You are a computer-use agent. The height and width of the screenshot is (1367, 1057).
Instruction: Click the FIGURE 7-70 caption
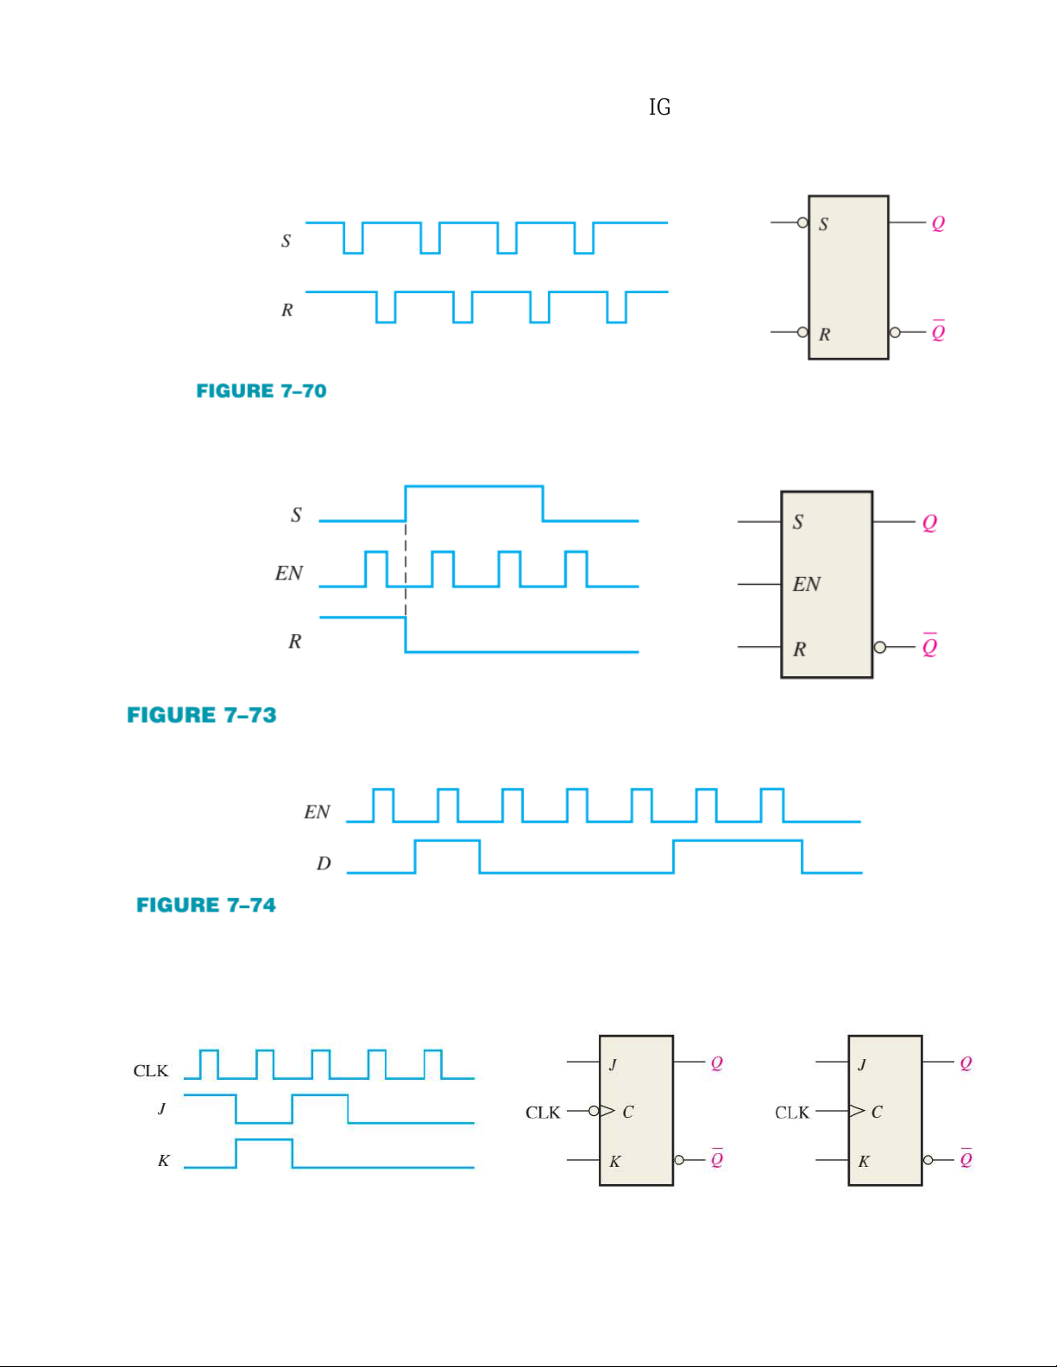pos(261,391)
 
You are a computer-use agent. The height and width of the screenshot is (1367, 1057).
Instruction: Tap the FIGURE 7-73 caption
pos(202,715)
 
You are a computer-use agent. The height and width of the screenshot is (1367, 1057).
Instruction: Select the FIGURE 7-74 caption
pos(206,905)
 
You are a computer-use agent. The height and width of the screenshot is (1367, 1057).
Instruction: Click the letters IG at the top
pos(660,107)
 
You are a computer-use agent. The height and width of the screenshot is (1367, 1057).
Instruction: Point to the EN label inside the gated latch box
pos(807,585)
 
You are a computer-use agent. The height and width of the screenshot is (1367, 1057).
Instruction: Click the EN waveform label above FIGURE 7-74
pos(317,812)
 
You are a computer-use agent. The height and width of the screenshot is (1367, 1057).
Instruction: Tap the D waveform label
pos(324,863)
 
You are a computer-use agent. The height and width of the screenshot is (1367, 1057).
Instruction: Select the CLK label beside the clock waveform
pos(150,1071)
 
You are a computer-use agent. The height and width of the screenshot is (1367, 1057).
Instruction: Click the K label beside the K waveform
pos(163,1161)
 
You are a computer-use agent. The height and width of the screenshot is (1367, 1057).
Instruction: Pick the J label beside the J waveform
pos(161,1108)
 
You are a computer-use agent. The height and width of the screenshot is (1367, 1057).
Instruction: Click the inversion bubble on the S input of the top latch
pos(802,223)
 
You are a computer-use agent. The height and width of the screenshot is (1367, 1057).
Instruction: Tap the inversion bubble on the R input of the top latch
pos(802,332)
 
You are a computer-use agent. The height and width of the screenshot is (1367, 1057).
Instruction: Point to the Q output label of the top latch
pos(938,223)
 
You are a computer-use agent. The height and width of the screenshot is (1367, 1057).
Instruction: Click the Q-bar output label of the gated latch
pos(929,645)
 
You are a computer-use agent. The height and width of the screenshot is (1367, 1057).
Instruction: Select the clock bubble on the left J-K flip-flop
pos(594,1111)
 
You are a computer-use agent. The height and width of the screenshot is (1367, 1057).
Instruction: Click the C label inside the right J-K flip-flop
pos(877,1113)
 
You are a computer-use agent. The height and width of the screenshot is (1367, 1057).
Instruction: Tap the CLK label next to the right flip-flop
pos(792,1113)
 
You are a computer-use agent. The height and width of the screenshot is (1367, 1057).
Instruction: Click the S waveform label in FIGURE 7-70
pos(286,241)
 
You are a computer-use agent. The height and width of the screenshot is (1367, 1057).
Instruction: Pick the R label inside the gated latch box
pos(800,649)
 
